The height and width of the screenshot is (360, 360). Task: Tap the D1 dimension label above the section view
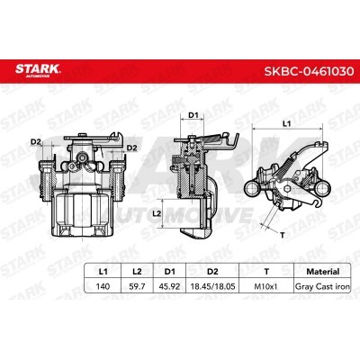(x=193, y=115)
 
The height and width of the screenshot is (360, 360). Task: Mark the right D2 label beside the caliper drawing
(x=131, y=147)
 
